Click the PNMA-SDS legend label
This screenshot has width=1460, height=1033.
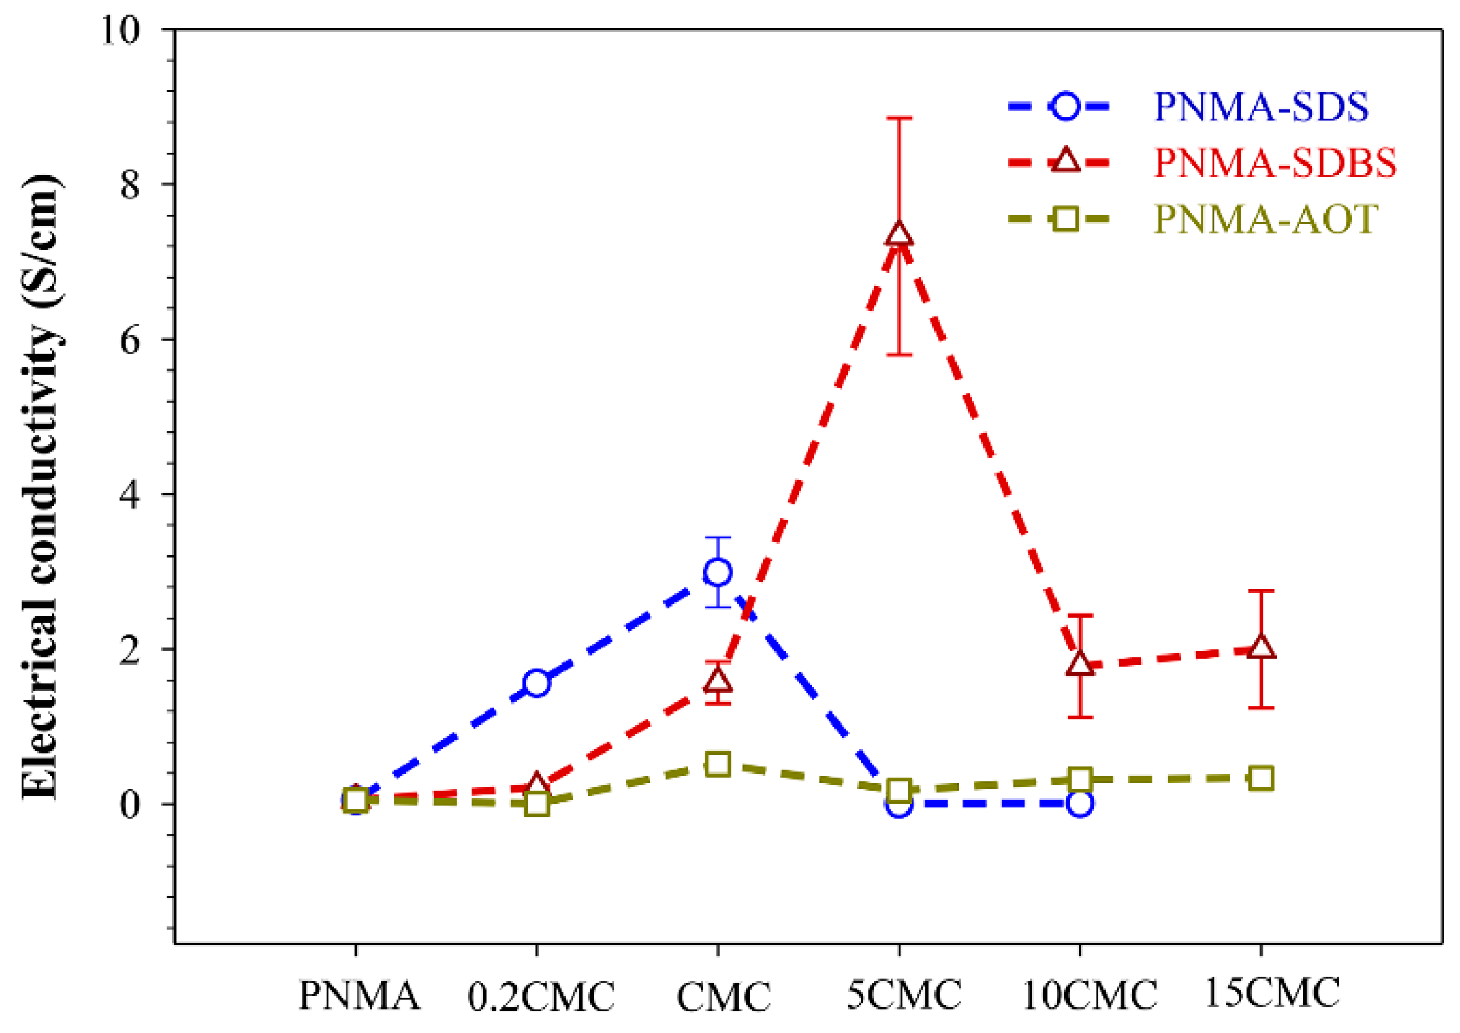click(1261, 107)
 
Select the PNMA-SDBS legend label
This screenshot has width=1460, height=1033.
click(1274, 163)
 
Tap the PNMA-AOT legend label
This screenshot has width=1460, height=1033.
click(1266, 219)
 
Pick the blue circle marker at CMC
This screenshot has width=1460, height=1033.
click(717, 572)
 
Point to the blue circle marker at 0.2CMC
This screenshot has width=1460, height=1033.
click(537, 683)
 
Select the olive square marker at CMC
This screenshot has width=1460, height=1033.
click(717, 765)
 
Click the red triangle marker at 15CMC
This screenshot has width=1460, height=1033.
click(1261, 647)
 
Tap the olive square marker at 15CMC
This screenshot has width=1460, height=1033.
click(1261, 778)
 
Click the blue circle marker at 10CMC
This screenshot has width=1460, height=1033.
click(1080, 804)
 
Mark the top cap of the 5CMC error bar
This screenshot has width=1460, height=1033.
click(899, 118)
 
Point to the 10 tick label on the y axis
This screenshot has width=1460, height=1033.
click(121, 31)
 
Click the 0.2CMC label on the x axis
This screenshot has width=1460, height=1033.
click(541, 996)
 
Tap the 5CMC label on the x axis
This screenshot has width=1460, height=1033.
click(903, 994)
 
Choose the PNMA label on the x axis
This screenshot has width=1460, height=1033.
click(359, 995)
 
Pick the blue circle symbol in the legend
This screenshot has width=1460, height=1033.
click(1066, 106)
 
